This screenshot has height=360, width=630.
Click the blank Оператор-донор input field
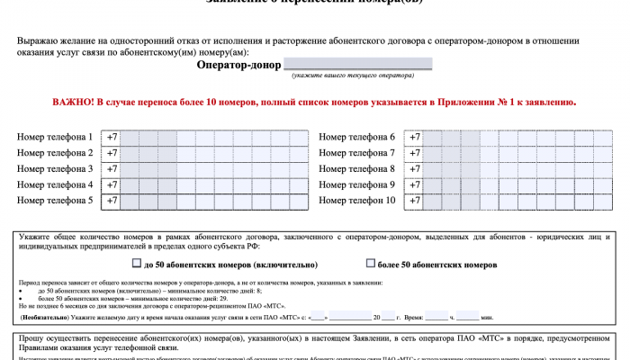tap(357, 64)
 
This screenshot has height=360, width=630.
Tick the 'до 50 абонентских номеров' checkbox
tap(137, 265)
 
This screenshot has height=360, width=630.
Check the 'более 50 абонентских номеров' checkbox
tap(371, 265)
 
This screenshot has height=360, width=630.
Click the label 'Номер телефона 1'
tap(55, 137)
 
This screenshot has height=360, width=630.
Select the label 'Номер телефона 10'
tap(357, 201)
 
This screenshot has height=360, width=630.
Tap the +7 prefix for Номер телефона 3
tap(112, 169)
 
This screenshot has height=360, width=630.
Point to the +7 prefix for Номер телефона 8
tap(415, 169)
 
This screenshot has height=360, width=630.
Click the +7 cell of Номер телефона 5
tap(112, 201)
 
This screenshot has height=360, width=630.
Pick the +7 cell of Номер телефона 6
tap(415, 137)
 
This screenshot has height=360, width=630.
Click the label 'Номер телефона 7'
tap(357, 153)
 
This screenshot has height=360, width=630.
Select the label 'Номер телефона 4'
tap(55, 184)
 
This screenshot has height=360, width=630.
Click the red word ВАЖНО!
tap(76, 103)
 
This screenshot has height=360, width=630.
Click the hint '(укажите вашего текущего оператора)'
tap(357, 77)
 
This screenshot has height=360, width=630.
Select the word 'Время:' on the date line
tap(415, 318)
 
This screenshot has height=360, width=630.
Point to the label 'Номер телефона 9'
tap(357, 184)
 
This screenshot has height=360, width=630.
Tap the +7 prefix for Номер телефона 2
tap(112, 153)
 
